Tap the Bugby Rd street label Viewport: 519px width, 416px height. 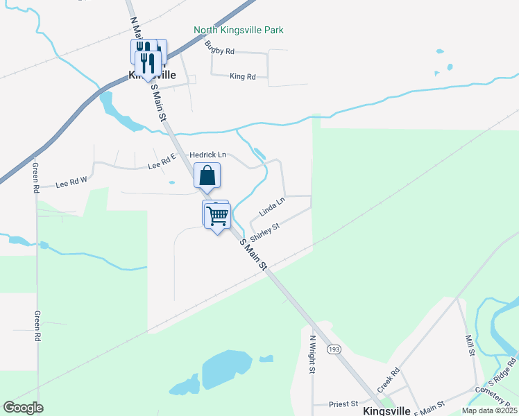220,48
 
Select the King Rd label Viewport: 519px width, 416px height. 243,76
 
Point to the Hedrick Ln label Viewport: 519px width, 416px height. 208,154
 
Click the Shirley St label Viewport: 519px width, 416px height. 264,229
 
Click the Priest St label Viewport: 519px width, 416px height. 344,403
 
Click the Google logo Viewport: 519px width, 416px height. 23,408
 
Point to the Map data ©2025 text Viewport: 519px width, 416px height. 488,410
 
